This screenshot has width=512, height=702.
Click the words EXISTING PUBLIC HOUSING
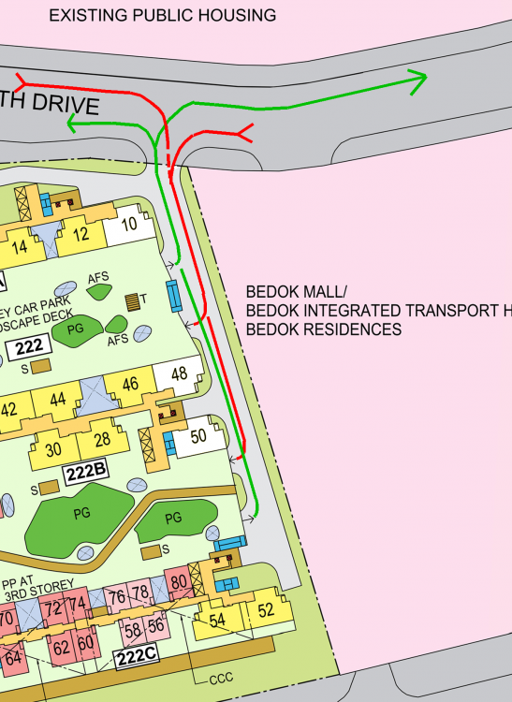click(x=162, y=15)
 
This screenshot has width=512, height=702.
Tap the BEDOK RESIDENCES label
click(x=323, y=329)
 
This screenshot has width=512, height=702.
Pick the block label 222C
click(x=136, y=656)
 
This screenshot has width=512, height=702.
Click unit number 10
click(x=129, y=224)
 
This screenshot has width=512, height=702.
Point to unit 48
click(x=179, y=374)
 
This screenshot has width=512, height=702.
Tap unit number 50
click(x=197, y=436)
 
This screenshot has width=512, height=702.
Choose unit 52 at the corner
click(x=266, y=611)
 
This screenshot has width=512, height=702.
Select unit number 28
click(x=102, y=440)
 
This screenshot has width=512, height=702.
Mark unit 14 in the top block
click(x=20, y=248)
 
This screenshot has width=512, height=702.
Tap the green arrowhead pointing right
click(x=419, y=81)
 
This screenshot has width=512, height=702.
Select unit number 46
click(x=130, y=383)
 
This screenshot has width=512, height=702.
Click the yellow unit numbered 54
click(x=217, y=621)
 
